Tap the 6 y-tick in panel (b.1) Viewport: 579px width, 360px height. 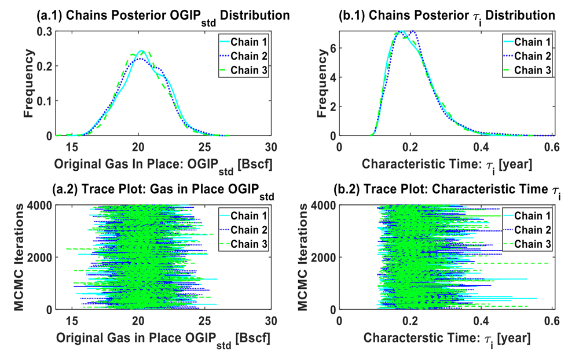(x=331, y=49)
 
